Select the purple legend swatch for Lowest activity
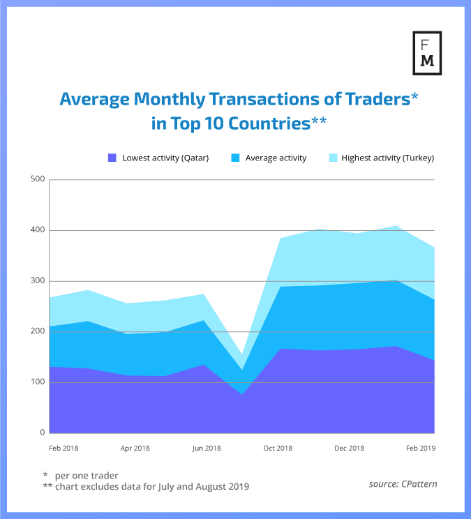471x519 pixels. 112,158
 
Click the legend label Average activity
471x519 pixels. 276,158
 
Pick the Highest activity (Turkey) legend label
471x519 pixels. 387,158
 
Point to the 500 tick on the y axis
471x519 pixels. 37,179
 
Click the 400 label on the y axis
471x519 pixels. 37,230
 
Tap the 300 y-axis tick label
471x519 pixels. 37,281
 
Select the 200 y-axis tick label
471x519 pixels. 37,331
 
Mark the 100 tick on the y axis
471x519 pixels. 37,382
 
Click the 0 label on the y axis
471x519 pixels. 42,433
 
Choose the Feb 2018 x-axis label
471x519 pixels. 63,448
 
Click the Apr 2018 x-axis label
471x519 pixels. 135,448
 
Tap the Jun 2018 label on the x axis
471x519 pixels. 207,448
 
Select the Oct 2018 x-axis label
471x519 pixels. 278,448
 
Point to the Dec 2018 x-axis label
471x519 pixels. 350,448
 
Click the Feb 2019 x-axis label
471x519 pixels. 421,448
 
